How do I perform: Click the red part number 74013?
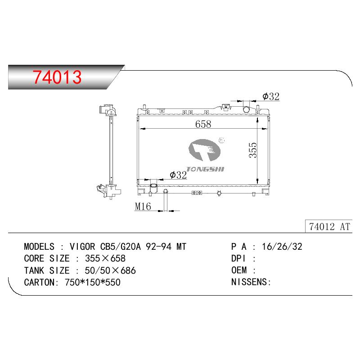pyautogui.click(x=57, y=77)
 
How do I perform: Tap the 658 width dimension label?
pyautogui.click(x=203, y=124)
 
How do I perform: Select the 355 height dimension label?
pyautogui.click(x=253, y=150)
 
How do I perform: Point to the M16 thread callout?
pyautogui.click(x=143, y=207)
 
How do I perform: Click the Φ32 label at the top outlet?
pyautogui.click(x=271, y=96)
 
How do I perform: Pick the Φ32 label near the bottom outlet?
pyautogui.click(x=178, y=175)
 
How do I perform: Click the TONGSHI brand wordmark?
pyautogui.click(x=205, y=169)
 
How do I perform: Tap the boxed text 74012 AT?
pyautogui.click(x=329, y=227)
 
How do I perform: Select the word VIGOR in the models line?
pyautogui.click(x=82, y=247)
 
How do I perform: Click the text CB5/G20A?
pyautogui.click(x=121, y=247)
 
